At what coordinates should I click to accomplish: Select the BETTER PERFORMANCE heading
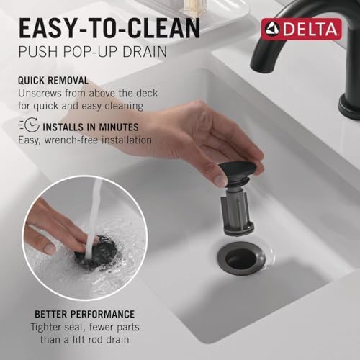[x=84, y=315]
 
